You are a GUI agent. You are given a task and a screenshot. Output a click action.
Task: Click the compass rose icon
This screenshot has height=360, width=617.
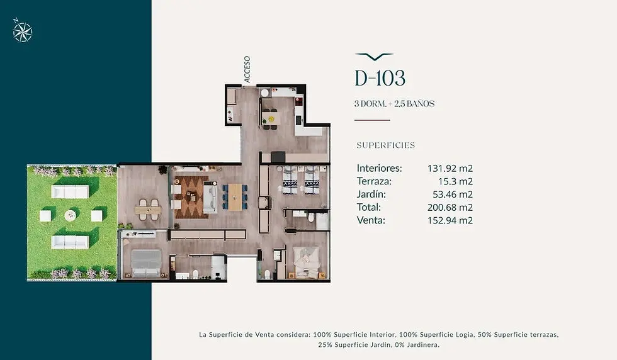click(23, 30)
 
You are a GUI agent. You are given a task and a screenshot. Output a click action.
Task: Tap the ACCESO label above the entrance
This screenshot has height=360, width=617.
click(247, 69)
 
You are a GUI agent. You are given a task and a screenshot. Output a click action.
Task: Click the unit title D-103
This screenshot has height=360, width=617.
click(380, 78)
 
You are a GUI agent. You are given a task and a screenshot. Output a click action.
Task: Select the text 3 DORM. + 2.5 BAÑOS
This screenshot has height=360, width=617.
click(394, 104)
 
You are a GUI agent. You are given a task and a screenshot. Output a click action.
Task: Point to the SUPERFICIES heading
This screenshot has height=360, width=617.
click(385, 145)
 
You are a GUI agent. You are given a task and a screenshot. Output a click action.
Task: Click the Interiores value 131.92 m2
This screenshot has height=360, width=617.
click(450, 169)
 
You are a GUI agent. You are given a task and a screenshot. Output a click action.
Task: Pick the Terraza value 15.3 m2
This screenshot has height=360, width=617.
click(455, 181)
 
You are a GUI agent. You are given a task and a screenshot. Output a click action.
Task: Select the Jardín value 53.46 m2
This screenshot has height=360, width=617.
click(453, 194)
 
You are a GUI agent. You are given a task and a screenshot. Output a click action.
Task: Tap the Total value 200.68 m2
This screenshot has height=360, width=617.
click(450, 207)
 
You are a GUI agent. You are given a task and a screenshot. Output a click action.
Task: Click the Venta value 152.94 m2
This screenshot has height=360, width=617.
click(450, 220)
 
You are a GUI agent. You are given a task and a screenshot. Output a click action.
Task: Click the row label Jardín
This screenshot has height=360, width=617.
click(371, 194)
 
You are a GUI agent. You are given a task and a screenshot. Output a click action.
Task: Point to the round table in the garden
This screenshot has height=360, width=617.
click(71, 215)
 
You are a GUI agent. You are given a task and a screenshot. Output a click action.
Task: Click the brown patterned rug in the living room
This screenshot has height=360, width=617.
click(191, 197)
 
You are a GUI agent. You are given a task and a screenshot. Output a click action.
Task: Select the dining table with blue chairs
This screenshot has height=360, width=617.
click(235, 198)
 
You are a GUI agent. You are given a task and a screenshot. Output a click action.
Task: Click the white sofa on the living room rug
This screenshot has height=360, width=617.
click(210, 198)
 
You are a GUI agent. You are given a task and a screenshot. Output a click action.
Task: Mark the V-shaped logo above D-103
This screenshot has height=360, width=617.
click(374, 57)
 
